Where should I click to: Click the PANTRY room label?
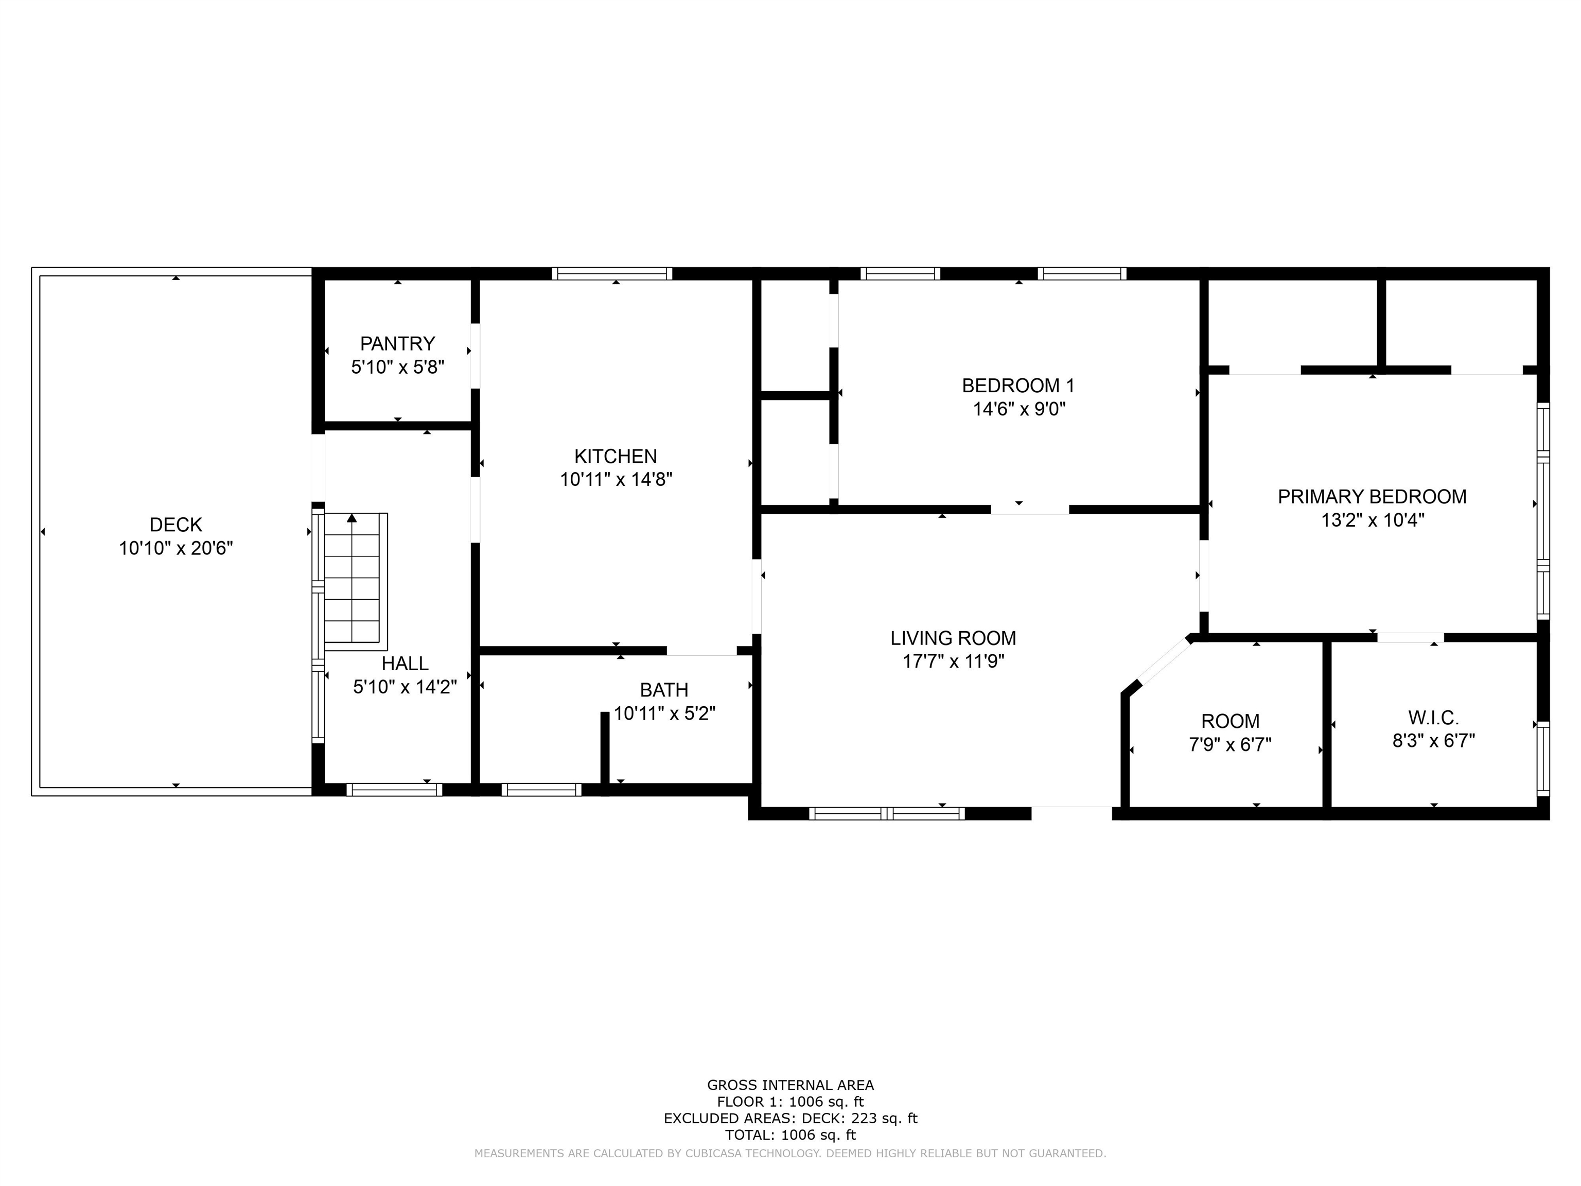(x=397, y=343)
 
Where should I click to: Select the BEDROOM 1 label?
(x=1018, y=386)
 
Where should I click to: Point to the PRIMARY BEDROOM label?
(x=1372, y=497)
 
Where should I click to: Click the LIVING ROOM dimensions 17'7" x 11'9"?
(x=954, y=661)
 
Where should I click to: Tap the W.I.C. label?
(x=1434, y=717)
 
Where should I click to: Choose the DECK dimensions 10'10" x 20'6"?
(x=176, y=548)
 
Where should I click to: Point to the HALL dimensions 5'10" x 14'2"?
(x=405, y=687)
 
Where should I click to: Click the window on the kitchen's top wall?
(x=612, y=273)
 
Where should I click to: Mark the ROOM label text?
(x=1230, y=721)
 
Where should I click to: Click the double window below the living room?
(x=887, y=813)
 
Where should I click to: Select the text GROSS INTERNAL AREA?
(x=790, y=1085)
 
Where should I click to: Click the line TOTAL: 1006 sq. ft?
(x=790, y=1135)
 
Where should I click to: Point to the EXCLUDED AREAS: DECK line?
(x=790, y=1118)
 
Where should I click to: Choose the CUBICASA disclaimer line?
(x=790, y=1153)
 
